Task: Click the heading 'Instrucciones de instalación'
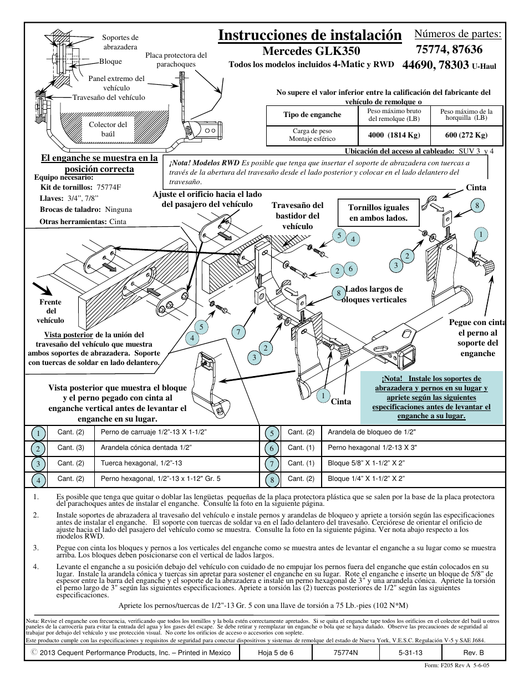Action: coord(309,35)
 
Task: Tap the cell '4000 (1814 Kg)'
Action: coord(394,135)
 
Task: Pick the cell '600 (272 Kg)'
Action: coord(466,135)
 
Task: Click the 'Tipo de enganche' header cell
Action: coord(312,115)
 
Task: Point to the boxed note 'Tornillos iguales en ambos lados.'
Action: coord(378,212)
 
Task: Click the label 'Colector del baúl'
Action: coord(108,129)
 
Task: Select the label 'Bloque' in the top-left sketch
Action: coord(110,62)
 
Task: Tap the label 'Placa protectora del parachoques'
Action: coord(176,59)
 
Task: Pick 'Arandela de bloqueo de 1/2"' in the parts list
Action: coord(372,432)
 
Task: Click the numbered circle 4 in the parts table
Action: coord(38,480)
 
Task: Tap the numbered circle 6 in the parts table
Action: coord(272,448)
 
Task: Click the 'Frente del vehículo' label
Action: coord(50,311)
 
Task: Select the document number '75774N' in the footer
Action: coord(345,653)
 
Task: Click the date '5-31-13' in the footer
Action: coord(410,653)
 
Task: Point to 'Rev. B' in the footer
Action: coord(474,653)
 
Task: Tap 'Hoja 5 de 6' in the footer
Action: coord(276,653)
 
